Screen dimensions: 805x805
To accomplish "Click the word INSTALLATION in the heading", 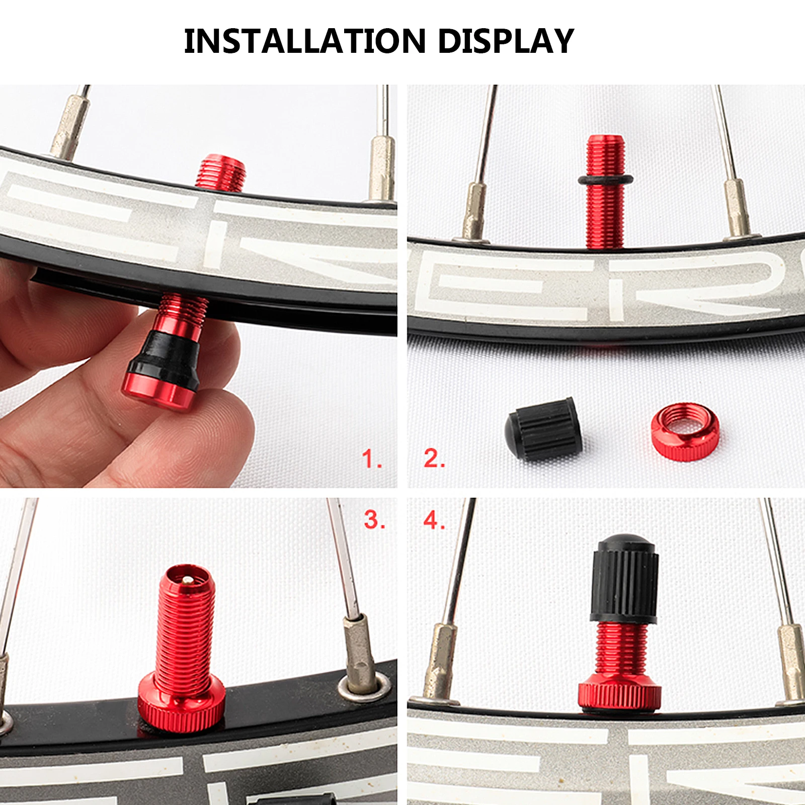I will coord(305,41).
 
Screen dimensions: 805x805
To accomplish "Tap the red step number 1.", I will coord(371,459).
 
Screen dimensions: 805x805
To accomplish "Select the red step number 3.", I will coord(374,520).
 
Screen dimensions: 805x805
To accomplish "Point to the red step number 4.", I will coord(434,520).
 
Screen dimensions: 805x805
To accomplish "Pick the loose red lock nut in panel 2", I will coord(685,431).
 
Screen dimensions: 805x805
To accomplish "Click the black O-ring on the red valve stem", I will coord(605,179).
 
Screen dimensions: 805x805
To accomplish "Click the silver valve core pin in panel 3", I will coord(187,580).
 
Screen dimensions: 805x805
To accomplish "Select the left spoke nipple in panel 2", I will coord(475,211).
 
